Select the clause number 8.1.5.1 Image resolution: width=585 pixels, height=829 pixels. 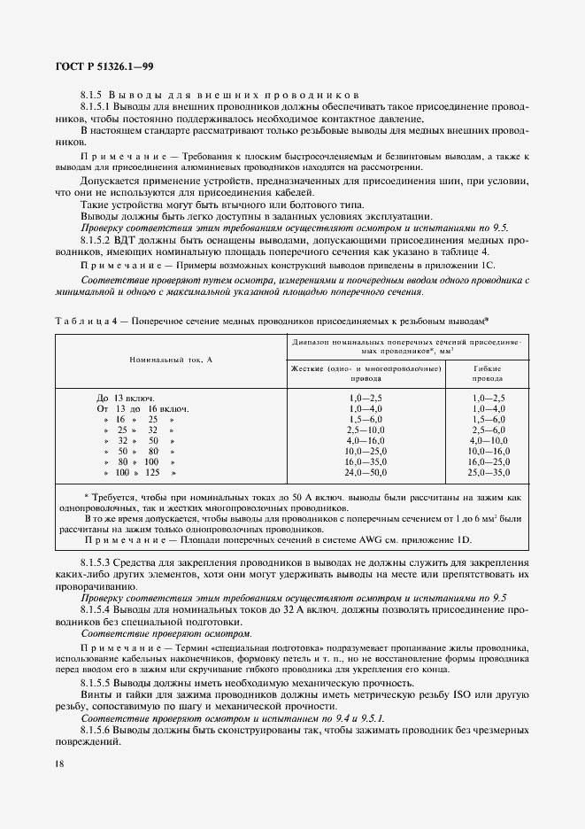98,106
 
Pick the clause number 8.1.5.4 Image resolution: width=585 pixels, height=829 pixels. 98,610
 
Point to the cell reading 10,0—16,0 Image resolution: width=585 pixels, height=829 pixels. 489,451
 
